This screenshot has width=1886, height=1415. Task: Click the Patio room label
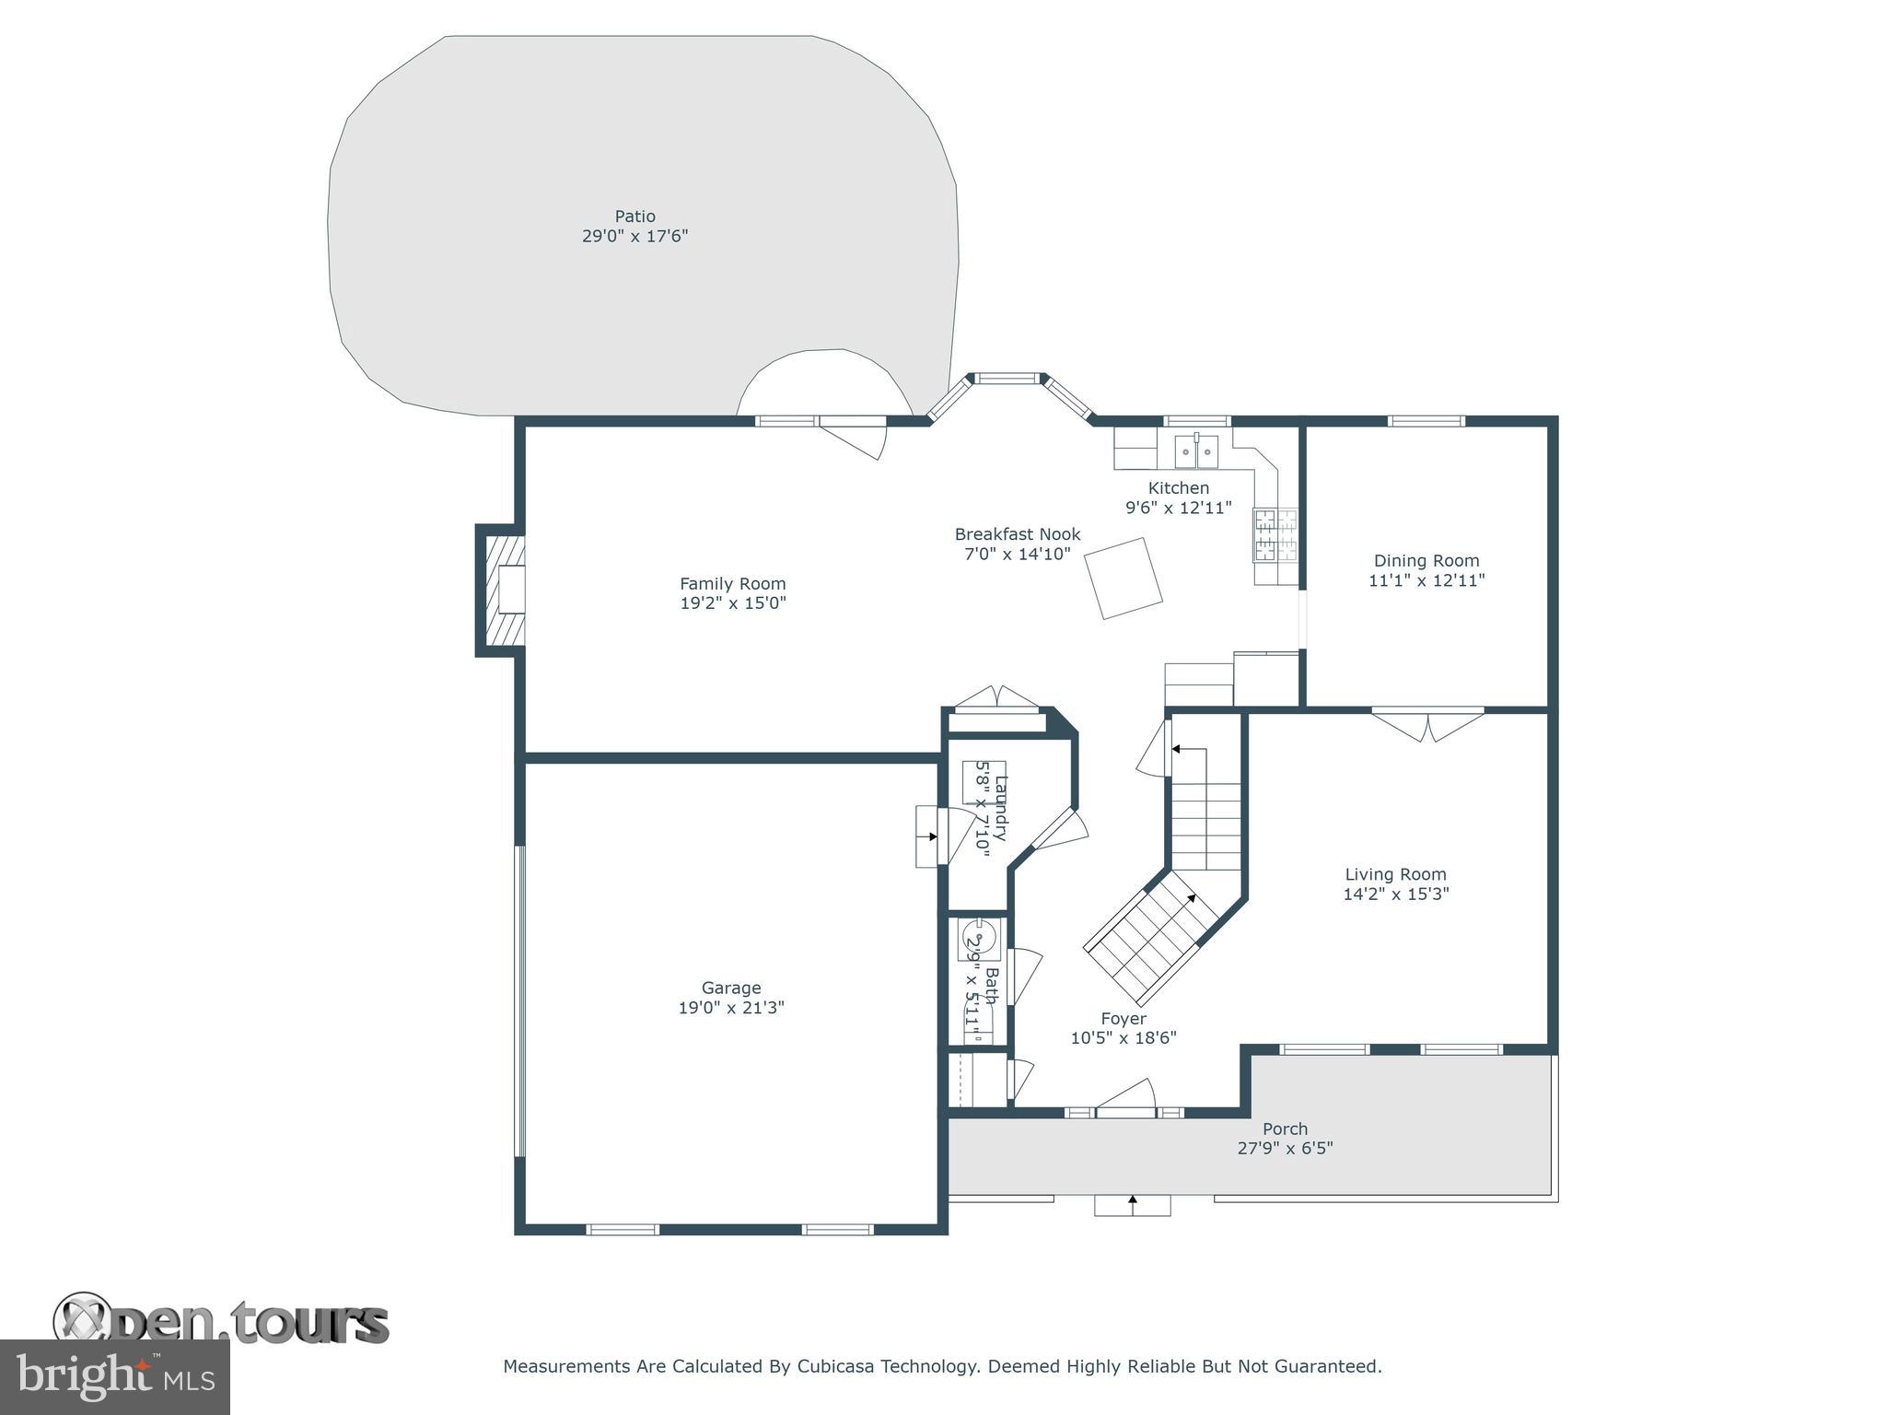click(634, 216)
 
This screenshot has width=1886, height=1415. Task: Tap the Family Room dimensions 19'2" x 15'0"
click(732, 603)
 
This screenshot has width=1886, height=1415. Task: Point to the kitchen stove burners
click(1274, 535)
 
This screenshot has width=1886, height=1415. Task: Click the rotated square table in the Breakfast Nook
click(1123, 578)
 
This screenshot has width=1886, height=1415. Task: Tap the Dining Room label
click(1426, 560)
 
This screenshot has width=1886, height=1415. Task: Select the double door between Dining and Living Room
click(1427, 724)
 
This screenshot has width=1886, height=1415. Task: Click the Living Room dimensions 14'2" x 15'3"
click(1395, 894)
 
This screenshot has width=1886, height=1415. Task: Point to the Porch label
click(1285, 1128)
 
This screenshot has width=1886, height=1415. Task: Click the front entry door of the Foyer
click(1125, 1099)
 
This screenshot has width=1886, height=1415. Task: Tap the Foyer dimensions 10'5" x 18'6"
click(1123, 1038)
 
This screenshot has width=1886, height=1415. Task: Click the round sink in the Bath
click(977, 939)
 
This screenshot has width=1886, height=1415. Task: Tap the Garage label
click(731, 988)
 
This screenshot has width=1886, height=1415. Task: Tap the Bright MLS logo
click(114, 1377)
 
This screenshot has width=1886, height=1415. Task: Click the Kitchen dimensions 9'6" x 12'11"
click(1178, 508)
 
